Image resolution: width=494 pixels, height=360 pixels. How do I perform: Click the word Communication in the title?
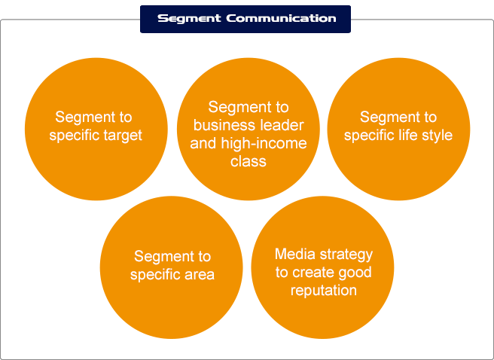281,18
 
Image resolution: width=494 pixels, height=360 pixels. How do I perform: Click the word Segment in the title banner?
189,19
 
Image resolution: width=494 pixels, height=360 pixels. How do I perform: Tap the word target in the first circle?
123,136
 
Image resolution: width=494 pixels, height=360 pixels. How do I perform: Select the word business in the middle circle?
218,125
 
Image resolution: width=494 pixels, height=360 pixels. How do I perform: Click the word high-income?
264,144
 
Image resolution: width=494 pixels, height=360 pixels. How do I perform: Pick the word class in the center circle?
249,161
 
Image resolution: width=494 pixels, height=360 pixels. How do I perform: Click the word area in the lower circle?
200,275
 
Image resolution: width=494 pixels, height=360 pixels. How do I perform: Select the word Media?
294,254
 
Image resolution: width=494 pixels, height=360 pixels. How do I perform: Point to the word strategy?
346,255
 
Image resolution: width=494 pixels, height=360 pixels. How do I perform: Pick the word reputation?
324,291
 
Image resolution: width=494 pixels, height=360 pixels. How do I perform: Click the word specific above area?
155,275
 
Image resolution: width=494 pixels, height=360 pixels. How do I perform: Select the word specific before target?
75,136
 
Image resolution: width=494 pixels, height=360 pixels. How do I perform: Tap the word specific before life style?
369,136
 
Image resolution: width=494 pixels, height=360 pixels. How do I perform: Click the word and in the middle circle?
203,144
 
